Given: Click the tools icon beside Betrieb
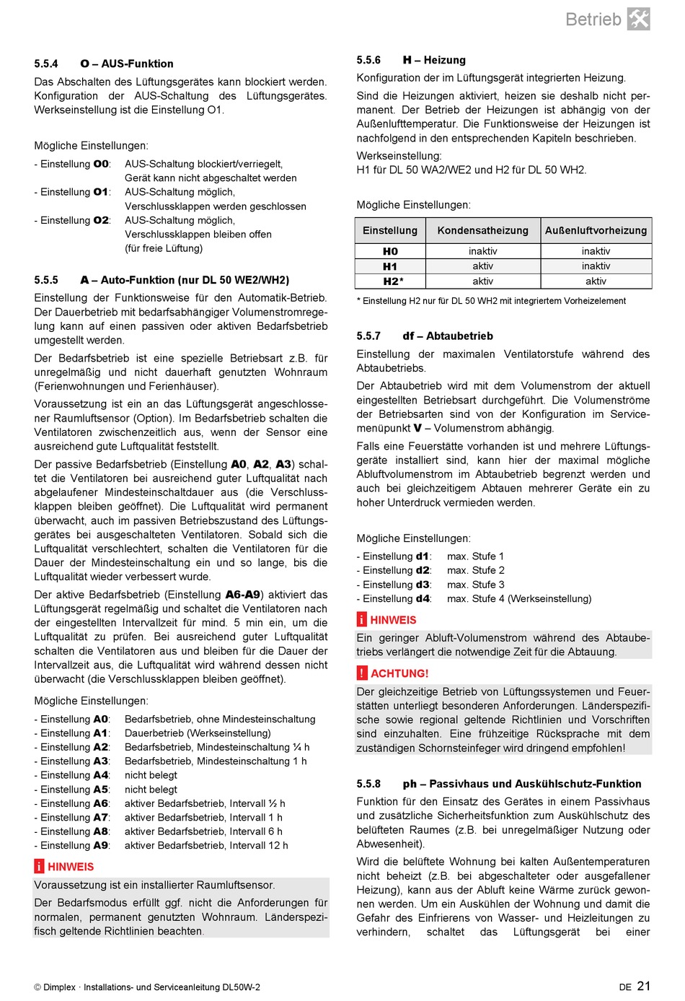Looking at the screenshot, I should click(x=638, y=19).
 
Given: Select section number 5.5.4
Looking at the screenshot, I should click(x=46, y=64).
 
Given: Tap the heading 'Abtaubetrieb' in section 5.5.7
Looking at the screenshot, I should click(x=459, y=336).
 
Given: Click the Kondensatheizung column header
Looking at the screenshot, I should click(x=482, y=230).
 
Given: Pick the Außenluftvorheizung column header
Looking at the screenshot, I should click(x=596, y=230).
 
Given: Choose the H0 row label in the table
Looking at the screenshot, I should click(x=390, y=251).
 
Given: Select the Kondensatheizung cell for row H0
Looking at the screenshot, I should click(x=482, y=251).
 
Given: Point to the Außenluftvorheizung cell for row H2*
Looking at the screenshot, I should click(x=596, y=281).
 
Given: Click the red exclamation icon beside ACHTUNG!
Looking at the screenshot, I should click(x=362, y=673).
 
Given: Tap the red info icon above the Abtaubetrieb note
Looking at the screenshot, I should click(x=362, y=620).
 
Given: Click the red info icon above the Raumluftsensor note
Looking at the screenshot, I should click(x=40, y=867).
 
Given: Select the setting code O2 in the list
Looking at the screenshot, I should click(x=101, y=220).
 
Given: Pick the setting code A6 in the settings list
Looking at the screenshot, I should click(x=101, y=803).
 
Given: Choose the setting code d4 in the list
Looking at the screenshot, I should click(x=423, y=598).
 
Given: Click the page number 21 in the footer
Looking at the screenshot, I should click(x=643, y=986).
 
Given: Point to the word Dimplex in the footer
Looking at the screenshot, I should click(x=59, y=987).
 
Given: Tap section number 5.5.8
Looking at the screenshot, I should click(x=368, y=784).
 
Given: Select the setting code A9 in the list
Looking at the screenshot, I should click(x=101, y=845).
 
